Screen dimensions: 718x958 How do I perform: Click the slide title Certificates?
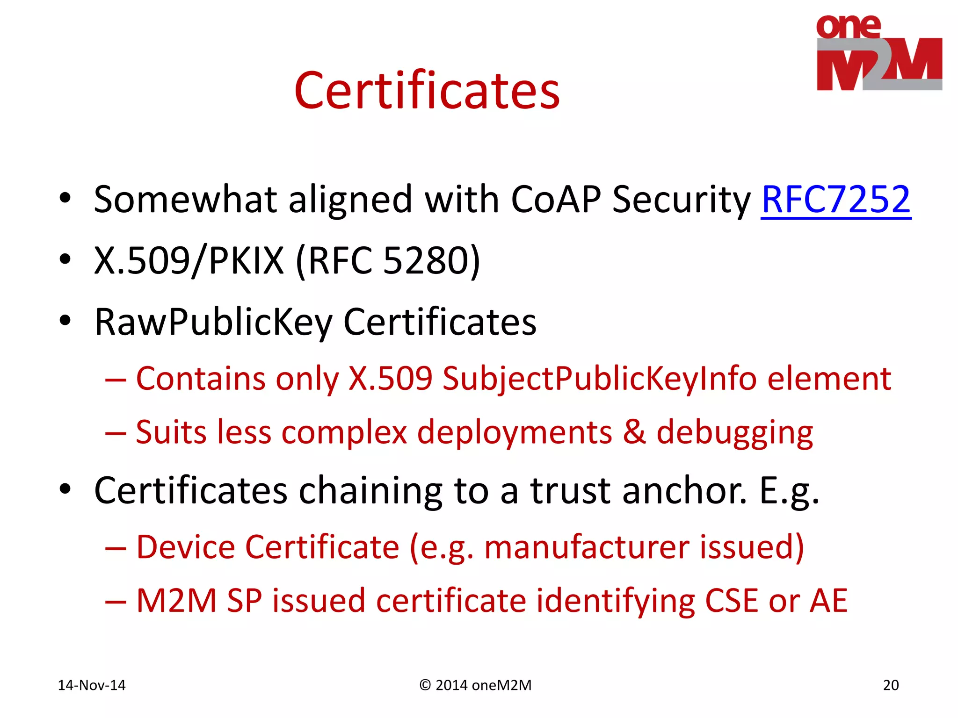point(427,91)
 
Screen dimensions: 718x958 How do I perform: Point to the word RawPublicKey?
point(213,323)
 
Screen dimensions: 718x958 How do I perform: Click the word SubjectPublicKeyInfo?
point(599,379)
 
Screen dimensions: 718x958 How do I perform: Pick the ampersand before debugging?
point(634,432)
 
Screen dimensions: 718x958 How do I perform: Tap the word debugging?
point(734,433)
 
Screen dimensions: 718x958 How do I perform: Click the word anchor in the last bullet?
point(638,491)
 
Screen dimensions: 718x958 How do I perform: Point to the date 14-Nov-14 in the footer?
point(92,685)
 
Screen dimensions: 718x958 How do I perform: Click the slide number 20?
point(891,685)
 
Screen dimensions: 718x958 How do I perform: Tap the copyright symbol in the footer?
point(425,685)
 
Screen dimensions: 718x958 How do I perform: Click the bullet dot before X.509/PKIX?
point(65,260)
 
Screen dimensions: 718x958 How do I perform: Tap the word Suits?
point(170,432)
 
